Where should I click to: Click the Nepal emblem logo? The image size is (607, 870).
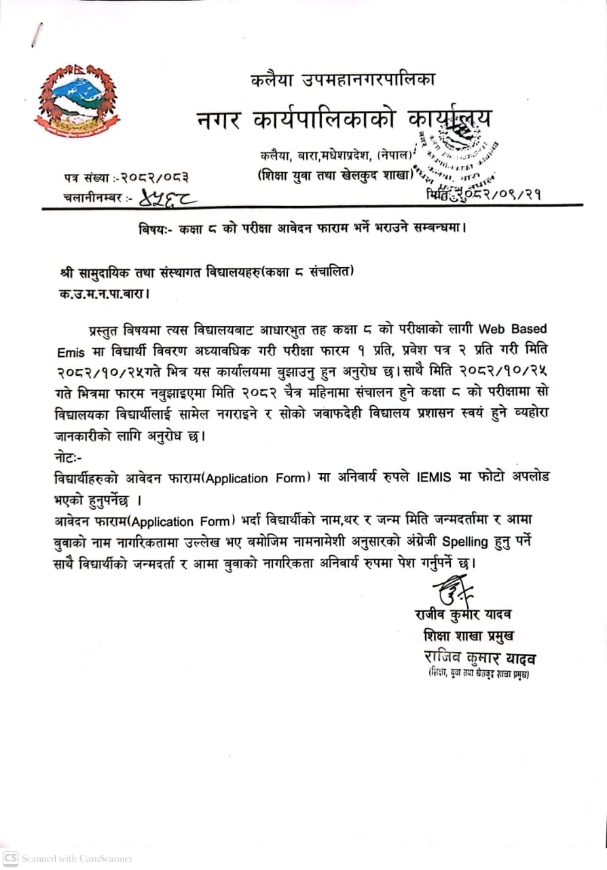point(76,100)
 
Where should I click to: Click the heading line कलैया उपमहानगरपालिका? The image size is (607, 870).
point(342,80)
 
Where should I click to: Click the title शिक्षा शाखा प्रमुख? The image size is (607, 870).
point(467,637)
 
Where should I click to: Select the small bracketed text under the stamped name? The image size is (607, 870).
point(478,674)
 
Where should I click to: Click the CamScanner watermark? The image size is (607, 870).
point(68,858)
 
